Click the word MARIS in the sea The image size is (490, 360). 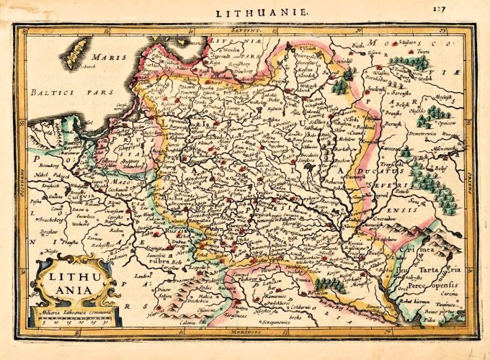[x=112, y=57]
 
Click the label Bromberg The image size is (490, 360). [x=44, y=165]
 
